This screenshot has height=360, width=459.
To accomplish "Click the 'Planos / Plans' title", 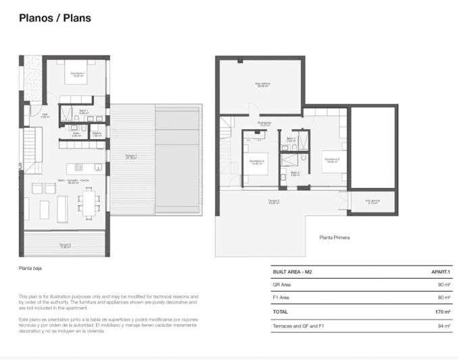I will point(55,18).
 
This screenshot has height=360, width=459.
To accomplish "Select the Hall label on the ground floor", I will point(45,115).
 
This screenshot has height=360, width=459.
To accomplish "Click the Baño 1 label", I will point(84,112).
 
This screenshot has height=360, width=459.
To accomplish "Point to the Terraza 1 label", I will point(131,158).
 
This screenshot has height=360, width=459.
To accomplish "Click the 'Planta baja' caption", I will point(31,268).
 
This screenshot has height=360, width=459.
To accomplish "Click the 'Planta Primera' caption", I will point(335,238).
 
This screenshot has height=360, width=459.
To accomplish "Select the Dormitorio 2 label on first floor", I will point(332,160).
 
